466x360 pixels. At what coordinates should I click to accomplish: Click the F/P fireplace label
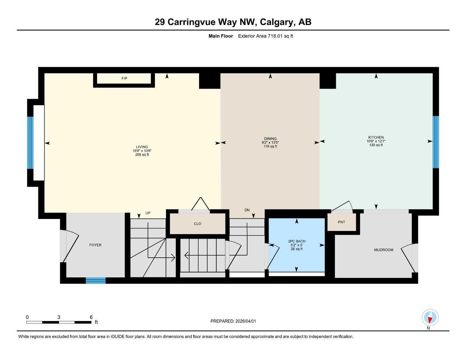click(x=124, y=78)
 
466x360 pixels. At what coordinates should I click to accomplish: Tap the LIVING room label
click(x=142, y=147)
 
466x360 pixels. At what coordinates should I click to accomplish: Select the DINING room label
click(x=270, y=139)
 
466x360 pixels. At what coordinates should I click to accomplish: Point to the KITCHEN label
click(x=376, y=137)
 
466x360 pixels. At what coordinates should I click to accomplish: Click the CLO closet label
click(x=198, y=224)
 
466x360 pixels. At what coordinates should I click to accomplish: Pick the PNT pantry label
click(x=341, y=222)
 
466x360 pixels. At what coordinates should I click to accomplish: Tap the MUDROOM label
click(x=384, y=250)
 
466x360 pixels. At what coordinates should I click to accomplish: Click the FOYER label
click(x=95, y=245)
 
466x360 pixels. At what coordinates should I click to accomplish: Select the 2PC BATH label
click(x=296, y=241)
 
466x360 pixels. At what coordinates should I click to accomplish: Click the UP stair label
click(x=148, y=213)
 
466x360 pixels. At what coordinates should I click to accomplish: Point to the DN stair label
click(x=247, y=210)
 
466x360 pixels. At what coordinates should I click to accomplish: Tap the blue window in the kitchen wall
click(x=436, y=142)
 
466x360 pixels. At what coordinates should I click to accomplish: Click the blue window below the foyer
click(x=96, y=280)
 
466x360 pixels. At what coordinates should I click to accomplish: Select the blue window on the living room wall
click(x=30, y=142)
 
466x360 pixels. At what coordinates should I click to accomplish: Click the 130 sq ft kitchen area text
click(x=376, y=145)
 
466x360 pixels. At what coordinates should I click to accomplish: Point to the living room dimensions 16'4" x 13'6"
click(x=142, y=151)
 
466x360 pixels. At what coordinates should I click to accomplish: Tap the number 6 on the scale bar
click(x=91, y=317)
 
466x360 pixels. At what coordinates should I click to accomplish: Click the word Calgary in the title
click(x=277, y=22)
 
